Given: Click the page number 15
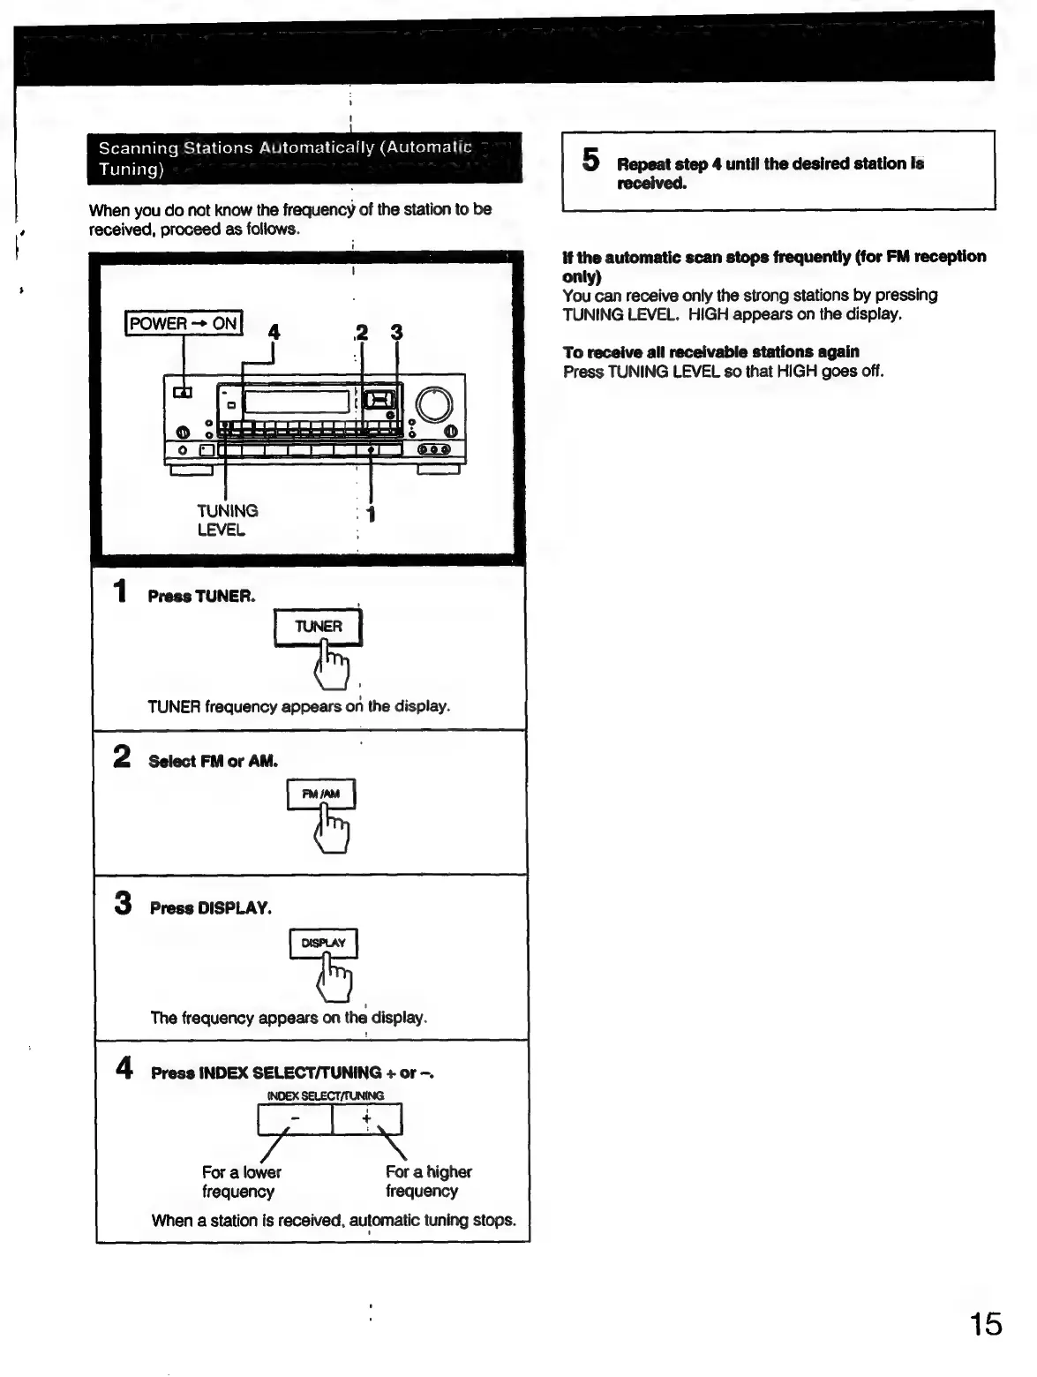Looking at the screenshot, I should (986, 1324).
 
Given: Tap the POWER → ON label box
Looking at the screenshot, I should (184, 323).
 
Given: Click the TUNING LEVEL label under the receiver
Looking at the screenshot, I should (227, 520).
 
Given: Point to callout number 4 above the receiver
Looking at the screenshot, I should (274, 332).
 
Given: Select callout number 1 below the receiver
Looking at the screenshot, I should (372, 514).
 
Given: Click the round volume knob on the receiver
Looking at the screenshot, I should (434, 403).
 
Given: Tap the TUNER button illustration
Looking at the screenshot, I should (318, 627).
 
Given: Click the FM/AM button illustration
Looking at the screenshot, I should (320, 794).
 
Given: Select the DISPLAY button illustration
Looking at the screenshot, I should (323, 943).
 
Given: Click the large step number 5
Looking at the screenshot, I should (590, 161).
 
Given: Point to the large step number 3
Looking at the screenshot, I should (124, 903).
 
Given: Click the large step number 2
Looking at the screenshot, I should (123, 756).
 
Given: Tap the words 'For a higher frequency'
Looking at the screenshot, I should (428, 1181).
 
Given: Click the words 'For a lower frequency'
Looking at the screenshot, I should (241, 1181).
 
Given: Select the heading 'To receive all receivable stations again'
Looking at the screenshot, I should (710, 351).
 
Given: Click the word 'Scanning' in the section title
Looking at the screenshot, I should (132, 147).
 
